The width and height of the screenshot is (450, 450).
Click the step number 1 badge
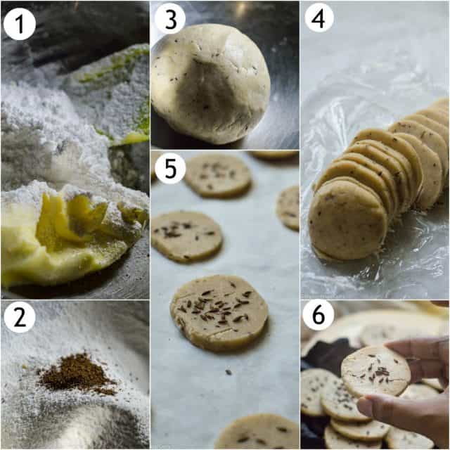tap(19, 25)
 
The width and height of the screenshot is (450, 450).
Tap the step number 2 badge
tap(19, 317)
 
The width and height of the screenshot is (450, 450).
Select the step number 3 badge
tap(169, 19)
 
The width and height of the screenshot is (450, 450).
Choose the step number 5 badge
tap(169, 169)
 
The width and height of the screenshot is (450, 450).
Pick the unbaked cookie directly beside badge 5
tap(218, 175)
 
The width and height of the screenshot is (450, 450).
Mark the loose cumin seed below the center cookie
tap(227, 372)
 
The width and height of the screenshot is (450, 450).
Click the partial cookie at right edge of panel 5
tap(289, 207)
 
